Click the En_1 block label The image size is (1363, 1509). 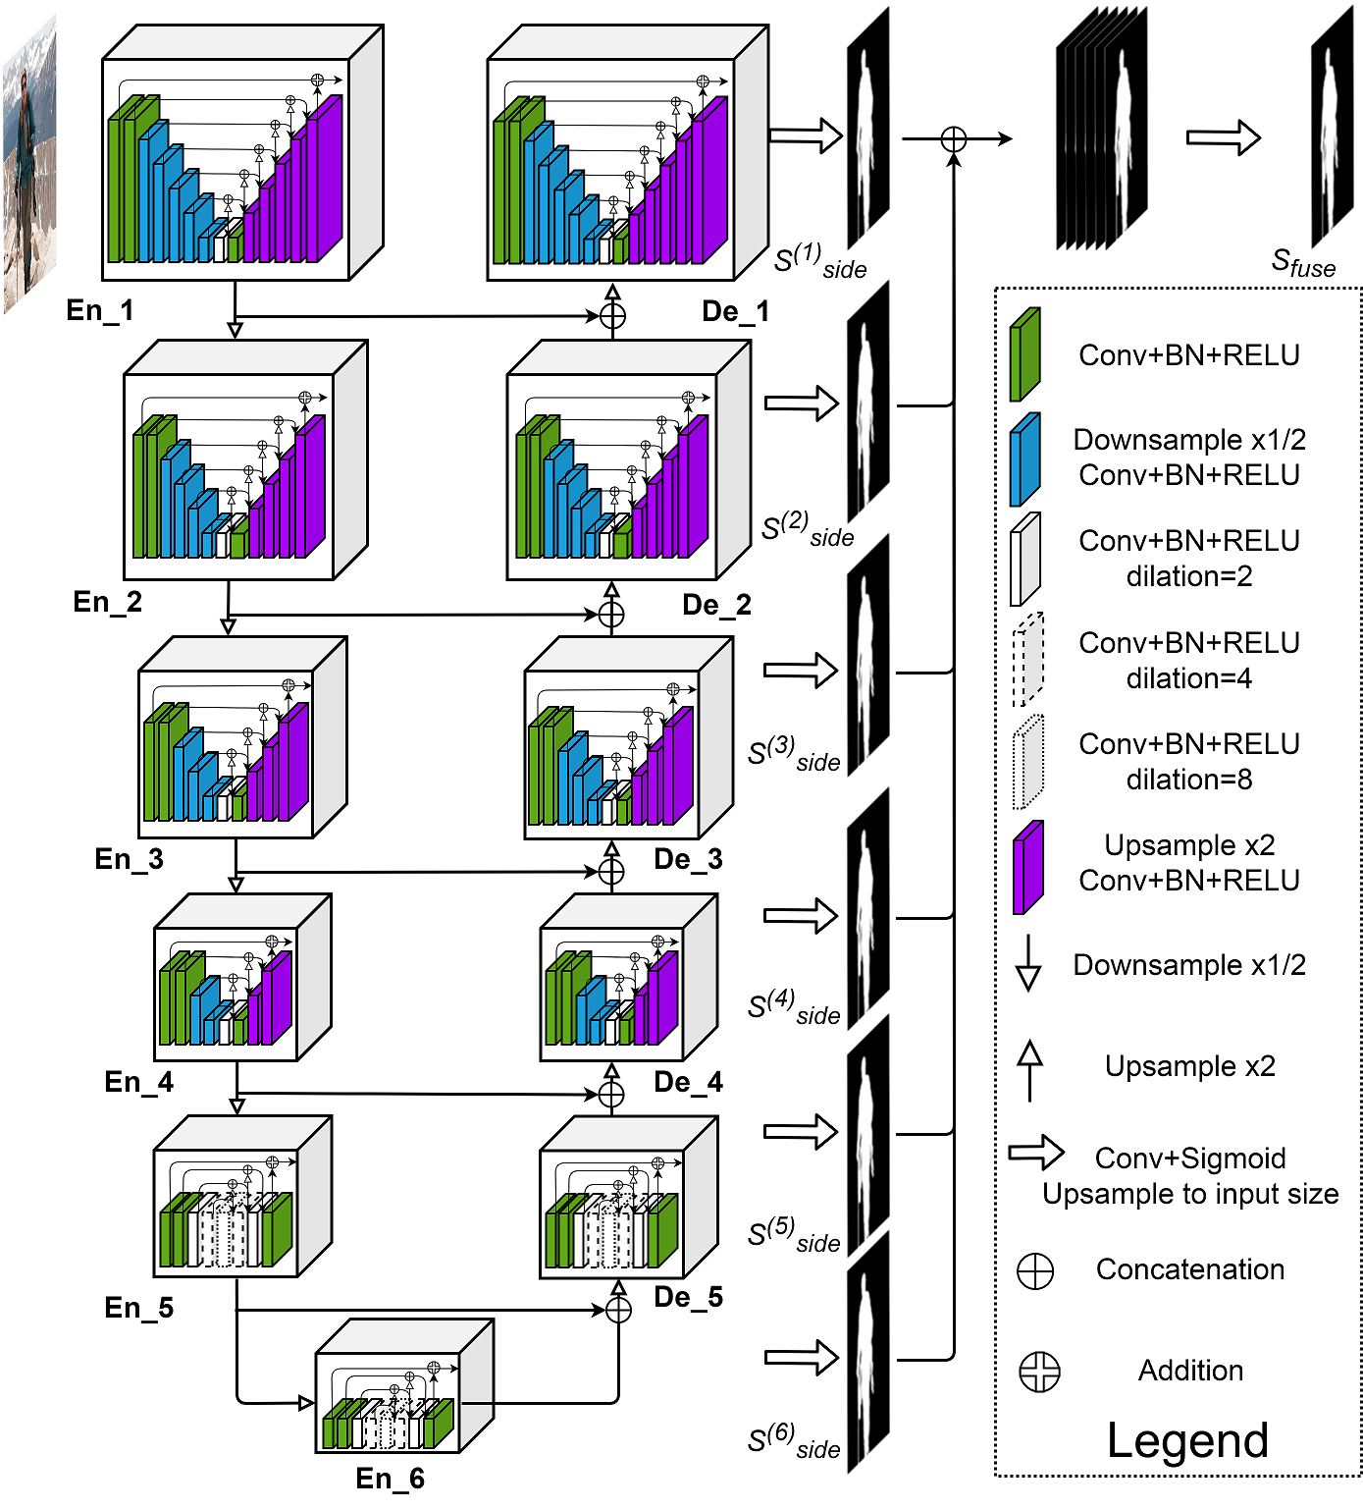[99, 310]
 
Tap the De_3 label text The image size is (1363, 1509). [688, 859]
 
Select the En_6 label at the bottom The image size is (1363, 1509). [390, 1478]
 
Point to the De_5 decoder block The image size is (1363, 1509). [628, 1198]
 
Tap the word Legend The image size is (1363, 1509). [1187, 1440]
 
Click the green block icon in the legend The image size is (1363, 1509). [1024, 354]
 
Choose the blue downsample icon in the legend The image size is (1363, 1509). [1024, 458]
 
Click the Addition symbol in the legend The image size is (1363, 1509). [1039, 1372]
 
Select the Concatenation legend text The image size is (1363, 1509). [1189, 1269]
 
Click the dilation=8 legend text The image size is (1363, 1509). [1188, 780]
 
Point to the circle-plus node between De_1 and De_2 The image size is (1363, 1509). [612, 316]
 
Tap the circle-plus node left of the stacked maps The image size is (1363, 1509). [953, 139]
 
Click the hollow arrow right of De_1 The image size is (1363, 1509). [805, 135]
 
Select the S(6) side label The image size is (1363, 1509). [793, 1441]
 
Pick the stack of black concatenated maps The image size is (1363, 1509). [1101, 128]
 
